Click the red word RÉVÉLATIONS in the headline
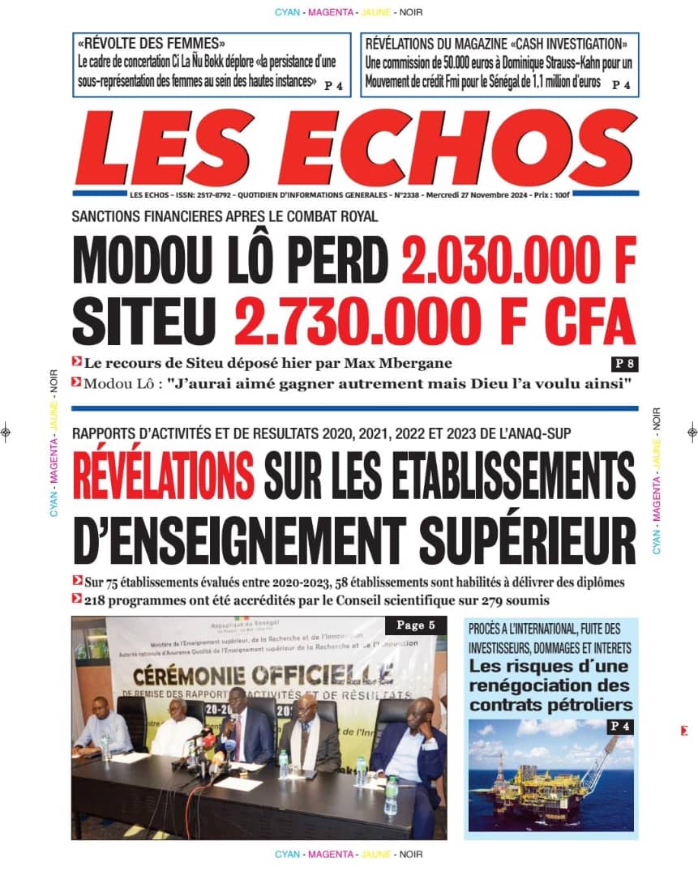coord(163,473)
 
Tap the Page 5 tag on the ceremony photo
coord(415,625)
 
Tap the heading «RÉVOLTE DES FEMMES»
coord(152,44)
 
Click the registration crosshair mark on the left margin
coord(6,432)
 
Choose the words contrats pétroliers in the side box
coord(550,703)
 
